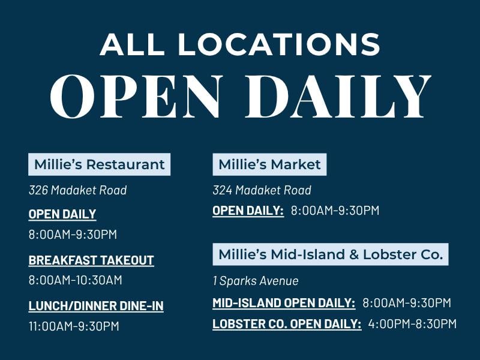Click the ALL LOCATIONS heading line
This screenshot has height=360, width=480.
(239, 44)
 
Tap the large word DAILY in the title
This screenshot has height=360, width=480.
(338, 96)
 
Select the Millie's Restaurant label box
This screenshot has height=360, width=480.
(99, 164)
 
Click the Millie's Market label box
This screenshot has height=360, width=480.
(269, 164)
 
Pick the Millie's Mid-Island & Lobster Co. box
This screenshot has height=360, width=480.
(331, 254)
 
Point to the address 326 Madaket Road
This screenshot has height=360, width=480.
(78, 190)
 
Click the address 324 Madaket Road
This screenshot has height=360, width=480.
(262, 190)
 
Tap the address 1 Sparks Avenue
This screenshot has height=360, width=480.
(256, 281)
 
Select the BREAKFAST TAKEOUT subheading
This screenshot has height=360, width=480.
(91, 260)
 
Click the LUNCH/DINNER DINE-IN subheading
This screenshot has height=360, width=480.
(96, 306)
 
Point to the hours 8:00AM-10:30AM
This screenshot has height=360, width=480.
(76, 280)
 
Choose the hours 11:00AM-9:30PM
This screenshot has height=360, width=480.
(74, 326)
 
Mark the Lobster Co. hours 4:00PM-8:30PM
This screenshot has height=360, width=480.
(412, 324)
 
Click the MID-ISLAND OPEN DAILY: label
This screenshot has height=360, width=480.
(284, 303)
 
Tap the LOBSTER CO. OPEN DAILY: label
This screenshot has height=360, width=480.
(287, 324)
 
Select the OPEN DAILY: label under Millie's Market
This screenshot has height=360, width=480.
(248, 211)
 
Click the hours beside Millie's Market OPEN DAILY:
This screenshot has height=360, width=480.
(335, 211)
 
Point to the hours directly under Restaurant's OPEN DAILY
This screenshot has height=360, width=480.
(73, 235)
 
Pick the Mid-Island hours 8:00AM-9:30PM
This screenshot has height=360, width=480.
(407, 303)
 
